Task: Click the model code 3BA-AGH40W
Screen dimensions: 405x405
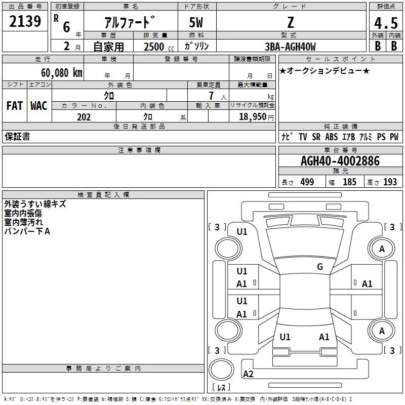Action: pos(290,47)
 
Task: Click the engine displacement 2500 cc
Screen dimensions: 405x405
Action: pos(157,47)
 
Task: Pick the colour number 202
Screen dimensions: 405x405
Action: pos(84,117)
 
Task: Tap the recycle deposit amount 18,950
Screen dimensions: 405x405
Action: pos(254,117)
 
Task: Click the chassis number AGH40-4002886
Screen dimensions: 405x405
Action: pos(340,161)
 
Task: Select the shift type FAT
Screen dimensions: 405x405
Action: pos(15,106)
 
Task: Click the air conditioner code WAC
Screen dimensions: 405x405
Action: pos(38,106)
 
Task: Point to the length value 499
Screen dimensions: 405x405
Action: pos(307,182)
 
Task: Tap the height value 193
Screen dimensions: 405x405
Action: pos(390,182)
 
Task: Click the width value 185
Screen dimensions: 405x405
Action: pos(349,182)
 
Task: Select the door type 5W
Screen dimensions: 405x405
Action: pos(197,24)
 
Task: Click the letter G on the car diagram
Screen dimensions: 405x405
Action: pos(320,267)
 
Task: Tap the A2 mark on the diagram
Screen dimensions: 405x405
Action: pos(248,374)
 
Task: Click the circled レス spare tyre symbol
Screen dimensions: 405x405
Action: pos(221,375)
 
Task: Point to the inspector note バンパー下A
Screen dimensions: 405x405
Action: pos(27,231)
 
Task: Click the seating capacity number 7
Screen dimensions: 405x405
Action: pos(210,96)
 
